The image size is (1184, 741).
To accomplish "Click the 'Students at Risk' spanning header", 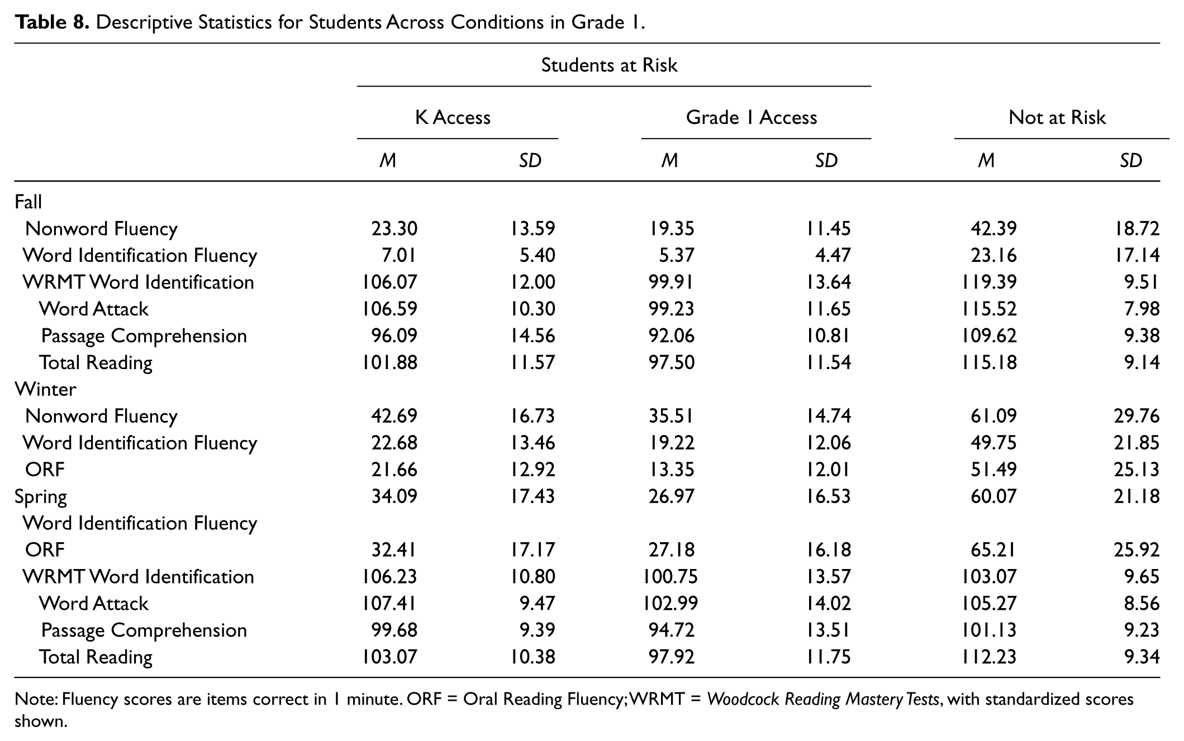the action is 609,65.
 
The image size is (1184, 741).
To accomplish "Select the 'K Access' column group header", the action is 453,117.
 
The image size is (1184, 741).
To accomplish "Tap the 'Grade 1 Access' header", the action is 752,117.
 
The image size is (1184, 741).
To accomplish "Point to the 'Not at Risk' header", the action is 1057,117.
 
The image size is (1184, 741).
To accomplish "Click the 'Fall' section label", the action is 28,202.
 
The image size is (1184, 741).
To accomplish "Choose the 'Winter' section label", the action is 45,389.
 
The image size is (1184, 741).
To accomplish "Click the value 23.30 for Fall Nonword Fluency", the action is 394,228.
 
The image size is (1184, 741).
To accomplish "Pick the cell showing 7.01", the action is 399,255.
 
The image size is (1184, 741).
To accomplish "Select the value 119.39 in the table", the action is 990,282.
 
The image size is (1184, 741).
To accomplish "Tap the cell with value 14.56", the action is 532,336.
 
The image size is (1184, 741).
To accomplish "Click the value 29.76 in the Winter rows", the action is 1137,416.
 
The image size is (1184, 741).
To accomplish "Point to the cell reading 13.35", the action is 672,470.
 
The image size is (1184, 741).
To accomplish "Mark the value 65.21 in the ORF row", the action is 993,549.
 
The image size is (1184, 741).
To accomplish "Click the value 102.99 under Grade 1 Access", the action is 671,603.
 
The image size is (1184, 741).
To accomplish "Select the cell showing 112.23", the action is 990,657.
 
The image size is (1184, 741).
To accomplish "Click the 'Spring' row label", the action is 41,497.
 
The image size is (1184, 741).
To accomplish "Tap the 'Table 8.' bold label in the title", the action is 52,22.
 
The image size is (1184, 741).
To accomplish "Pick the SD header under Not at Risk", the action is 1131,161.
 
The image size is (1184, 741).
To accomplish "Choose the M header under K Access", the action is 388,161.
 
